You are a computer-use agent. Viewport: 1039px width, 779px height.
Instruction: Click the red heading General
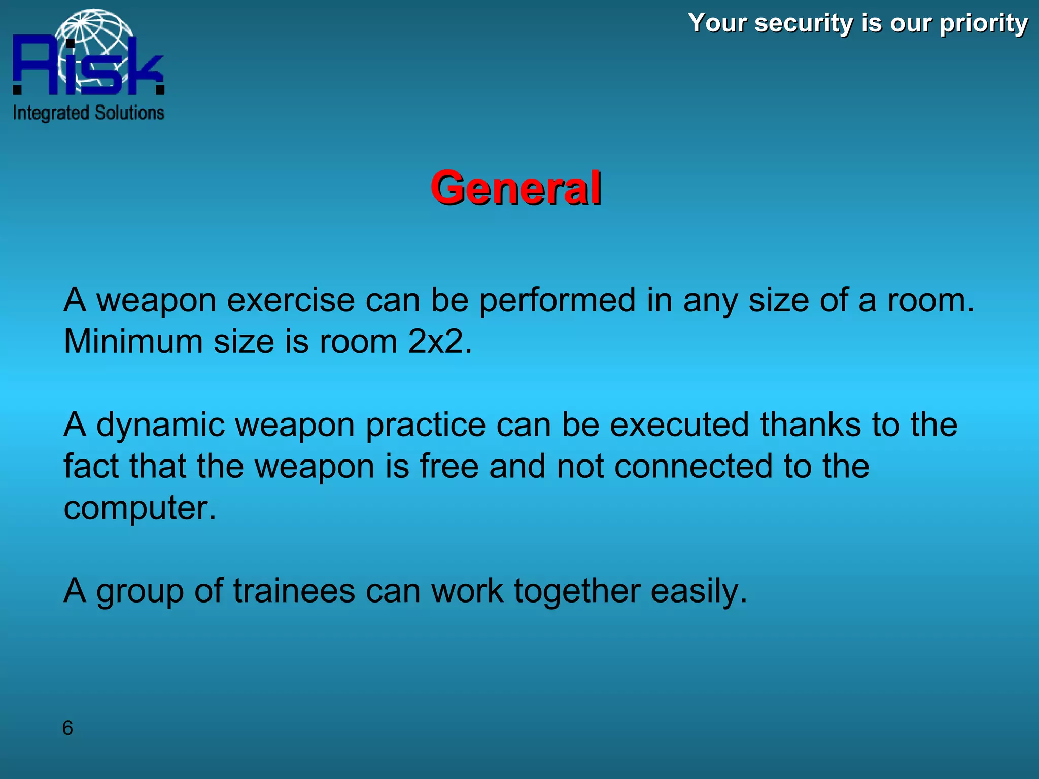515,188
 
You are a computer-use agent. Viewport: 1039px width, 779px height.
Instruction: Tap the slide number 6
67,728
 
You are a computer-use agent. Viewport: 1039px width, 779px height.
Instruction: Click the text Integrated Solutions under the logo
89,113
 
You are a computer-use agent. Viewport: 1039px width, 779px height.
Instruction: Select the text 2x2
439,341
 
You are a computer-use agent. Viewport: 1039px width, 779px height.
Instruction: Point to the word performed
557,300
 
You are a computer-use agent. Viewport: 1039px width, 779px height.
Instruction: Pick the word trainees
294,591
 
